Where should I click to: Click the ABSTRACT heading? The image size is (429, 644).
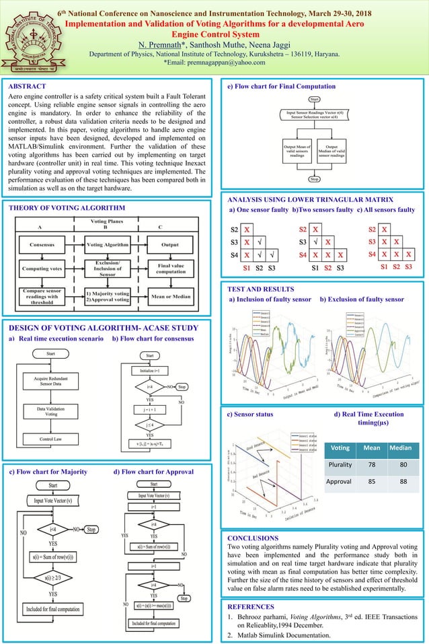tap(27, 86)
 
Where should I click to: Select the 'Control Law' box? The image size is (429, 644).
tap(51, 439)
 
